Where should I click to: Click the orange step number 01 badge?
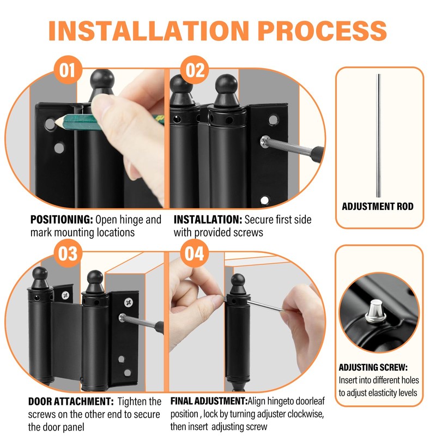(x=68, y=70)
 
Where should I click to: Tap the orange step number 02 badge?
(x=195, y=70)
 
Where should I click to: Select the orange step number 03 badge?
(x=68, y=253)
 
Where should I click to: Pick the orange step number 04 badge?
(x=195, y=253)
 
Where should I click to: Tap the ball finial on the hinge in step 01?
(x=102, y=78)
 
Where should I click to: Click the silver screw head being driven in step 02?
(x=265, y=142)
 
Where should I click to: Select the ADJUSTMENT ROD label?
(x=378, y=207)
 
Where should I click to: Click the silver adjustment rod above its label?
(x=378, y=135)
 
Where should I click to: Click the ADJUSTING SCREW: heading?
(x=373, y=367)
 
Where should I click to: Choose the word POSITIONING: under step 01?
(x=62, y=220)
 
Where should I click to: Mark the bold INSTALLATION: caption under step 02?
(x=208, y=220)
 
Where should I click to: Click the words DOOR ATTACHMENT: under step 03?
(x=71, y=402)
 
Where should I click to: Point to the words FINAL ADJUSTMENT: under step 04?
(x=209, y=401)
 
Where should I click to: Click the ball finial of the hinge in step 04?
(x=238, y=280)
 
